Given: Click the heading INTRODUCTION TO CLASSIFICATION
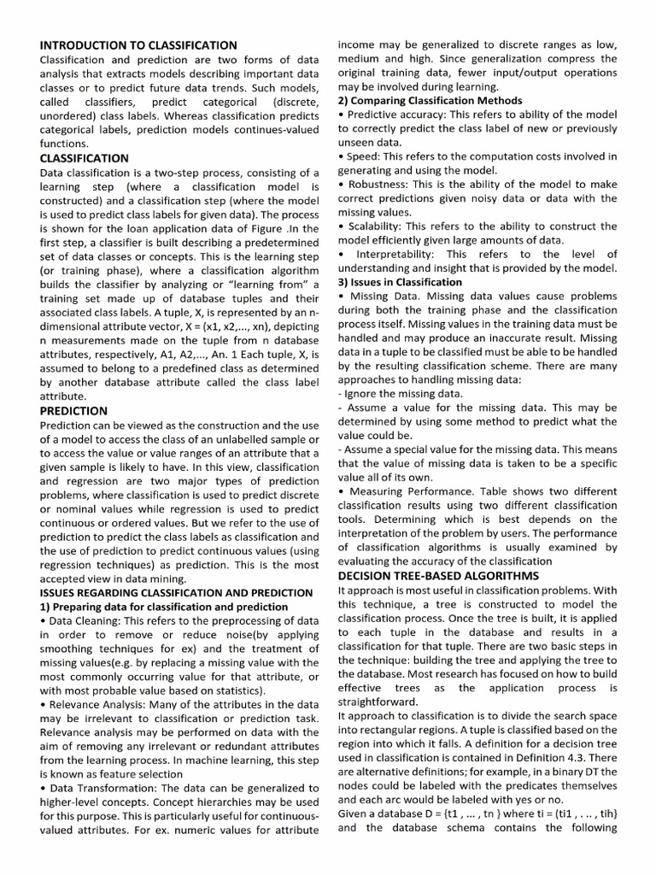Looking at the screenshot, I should tap(138, 44).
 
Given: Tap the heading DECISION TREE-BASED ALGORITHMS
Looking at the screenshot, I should tap(438, 576).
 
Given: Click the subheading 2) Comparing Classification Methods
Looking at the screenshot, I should tap(430, 101).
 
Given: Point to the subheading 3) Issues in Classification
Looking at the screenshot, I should tap(400, 282).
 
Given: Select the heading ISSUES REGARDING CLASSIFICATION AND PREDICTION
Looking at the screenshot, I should tap(177, 592).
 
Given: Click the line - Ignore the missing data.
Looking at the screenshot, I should tap(401, 394).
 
